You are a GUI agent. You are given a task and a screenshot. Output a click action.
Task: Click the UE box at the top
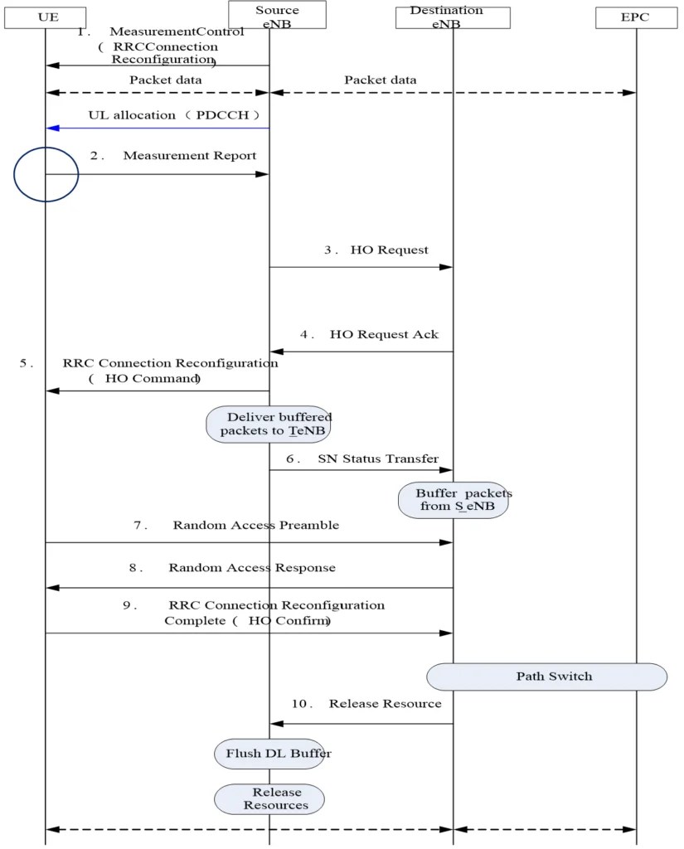pos(46,16)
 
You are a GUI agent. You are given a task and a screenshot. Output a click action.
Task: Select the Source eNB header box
pos(277,15)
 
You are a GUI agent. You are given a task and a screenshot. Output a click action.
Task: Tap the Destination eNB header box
pos(453,17)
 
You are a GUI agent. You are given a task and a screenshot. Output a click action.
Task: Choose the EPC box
pos(636,17)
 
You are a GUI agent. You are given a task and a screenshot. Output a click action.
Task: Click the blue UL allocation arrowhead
pos(52,129)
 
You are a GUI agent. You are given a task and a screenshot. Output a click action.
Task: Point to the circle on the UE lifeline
pos(46,174)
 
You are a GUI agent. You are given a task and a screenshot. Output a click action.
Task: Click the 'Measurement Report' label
pos(190,156)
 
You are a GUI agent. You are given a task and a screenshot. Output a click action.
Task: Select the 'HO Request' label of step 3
pos(390,250)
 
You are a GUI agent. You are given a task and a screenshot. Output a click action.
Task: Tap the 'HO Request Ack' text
pos(384,334)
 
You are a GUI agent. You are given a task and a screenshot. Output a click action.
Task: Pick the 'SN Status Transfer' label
pos(378,458)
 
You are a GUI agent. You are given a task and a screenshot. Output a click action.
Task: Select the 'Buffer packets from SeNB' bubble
pos(453,500)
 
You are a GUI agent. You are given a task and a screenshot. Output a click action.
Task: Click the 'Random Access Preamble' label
pos(255,526)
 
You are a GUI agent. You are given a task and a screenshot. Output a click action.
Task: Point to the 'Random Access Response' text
pos(252,568)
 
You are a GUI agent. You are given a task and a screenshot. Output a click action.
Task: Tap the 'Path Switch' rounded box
pos(547,677)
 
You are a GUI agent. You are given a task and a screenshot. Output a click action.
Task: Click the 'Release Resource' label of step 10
pos(385,704)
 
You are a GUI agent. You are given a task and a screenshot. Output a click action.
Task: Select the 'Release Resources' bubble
pos(269,798)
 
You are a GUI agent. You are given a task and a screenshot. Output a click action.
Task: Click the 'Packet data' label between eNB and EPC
pos(381,80)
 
